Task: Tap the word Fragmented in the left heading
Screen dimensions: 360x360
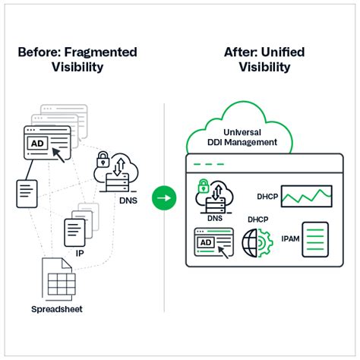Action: [x=103, y=52]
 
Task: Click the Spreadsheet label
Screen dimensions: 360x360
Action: [x=58, y=309]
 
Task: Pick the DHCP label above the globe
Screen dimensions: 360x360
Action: [x=257, y=220]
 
